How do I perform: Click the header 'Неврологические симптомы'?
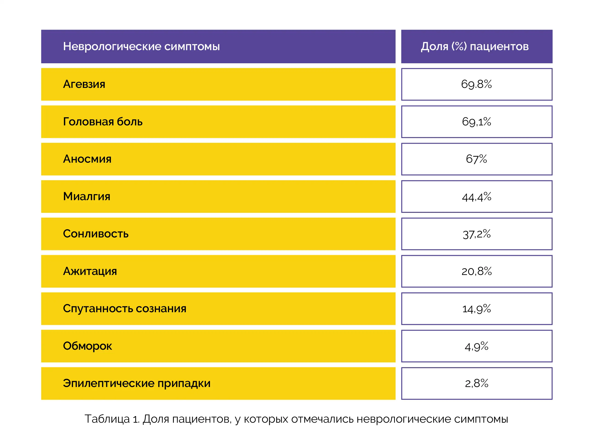click(x=141, y=46)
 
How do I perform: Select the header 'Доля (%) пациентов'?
click(x=475, y=46)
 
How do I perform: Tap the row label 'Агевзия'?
click(x=84, y=84)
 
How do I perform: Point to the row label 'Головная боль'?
click(x=103, y=122)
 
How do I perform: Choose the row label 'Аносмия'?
click(x=87, y=159)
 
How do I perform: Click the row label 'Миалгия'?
click(x=87, y=196)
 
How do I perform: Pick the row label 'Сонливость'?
click(x=96, y=234)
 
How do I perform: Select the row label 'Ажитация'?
click(x=90, y=271)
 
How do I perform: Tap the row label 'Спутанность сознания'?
click(x=125, y=309)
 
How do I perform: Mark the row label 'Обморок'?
click(x=87, y=346)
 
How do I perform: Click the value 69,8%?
click(x=476, y=84)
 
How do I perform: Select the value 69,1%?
click(x=476, y=122)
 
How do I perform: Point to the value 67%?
click(x=476, y=159)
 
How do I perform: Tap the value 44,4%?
click(x=476, y=197)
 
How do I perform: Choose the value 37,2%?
click(x=476, y=234)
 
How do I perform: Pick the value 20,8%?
click(x=476, y=271)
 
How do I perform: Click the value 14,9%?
click(x=476, y=309)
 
